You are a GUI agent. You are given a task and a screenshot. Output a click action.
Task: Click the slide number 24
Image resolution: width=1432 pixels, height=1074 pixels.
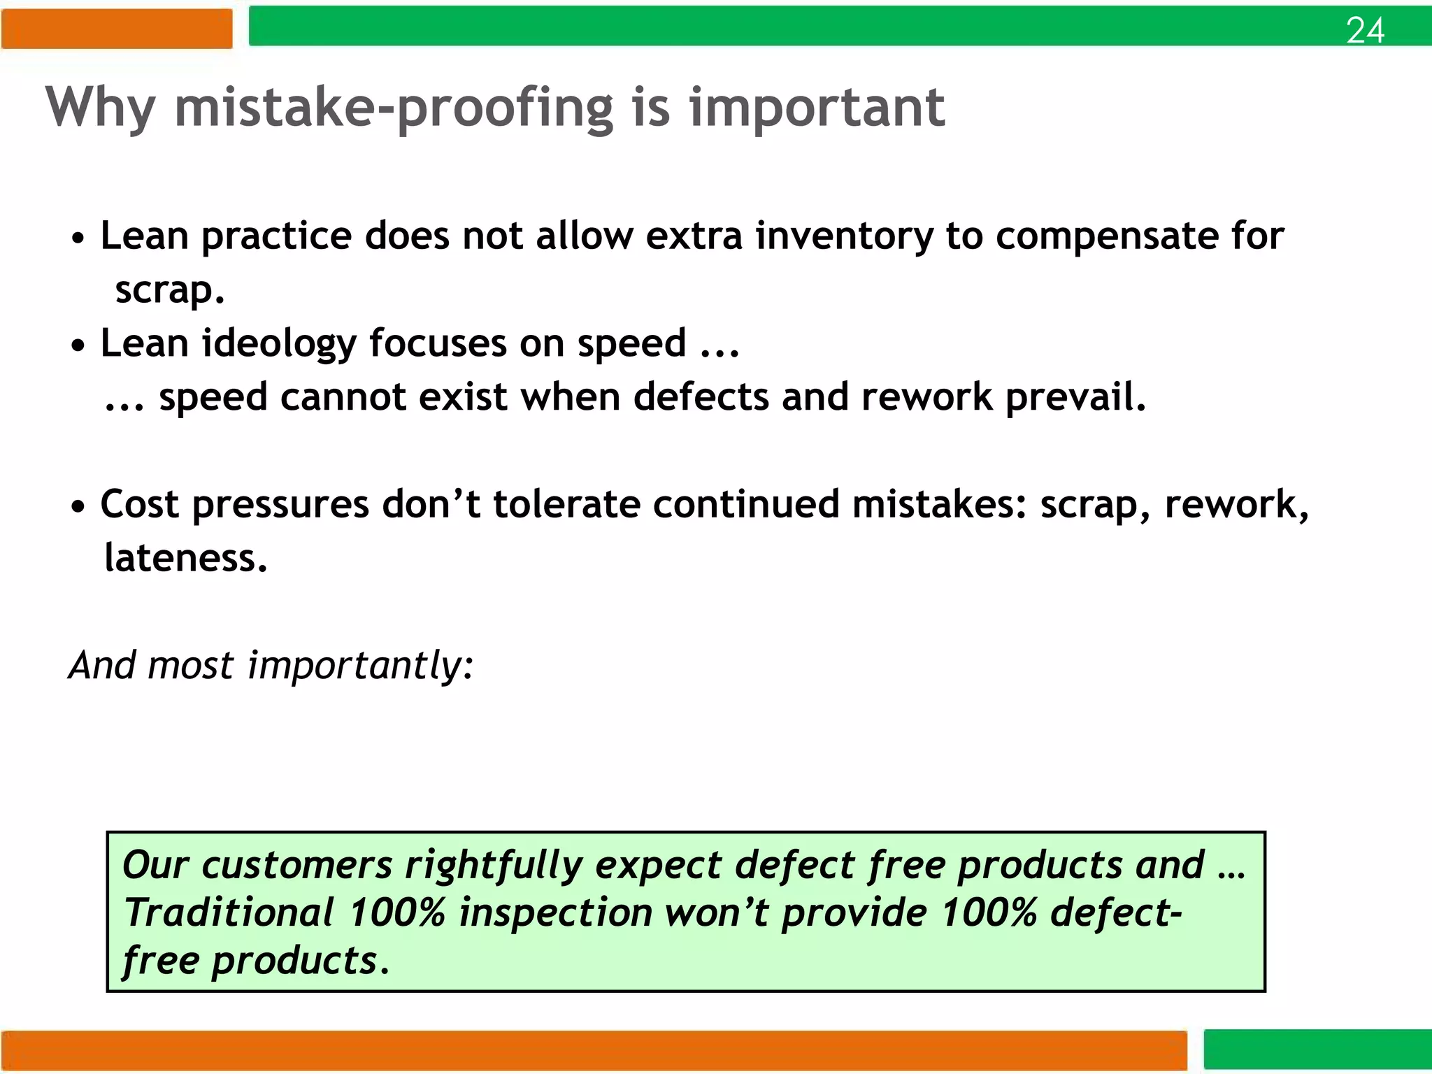pos(1364,31)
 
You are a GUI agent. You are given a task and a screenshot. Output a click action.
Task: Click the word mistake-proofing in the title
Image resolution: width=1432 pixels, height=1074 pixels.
pos(394,108)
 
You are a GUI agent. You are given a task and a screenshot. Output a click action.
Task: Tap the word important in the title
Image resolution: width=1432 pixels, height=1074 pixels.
pos(817,108)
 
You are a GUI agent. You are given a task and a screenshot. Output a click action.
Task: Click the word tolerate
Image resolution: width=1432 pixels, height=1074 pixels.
pos(566,504)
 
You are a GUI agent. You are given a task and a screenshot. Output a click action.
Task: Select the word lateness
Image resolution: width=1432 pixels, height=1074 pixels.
pos(185,559)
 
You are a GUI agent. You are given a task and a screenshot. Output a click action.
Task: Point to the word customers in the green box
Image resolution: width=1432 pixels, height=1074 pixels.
pos(297,866)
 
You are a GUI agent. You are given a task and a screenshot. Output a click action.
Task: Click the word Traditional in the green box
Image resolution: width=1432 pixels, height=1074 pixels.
pos(229,913)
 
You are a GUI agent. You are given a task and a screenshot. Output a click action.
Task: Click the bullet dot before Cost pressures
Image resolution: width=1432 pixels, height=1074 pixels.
pos(78,506)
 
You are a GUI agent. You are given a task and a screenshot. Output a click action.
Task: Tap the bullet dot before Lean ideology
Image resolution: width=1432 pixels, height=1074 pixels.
pos(78,345)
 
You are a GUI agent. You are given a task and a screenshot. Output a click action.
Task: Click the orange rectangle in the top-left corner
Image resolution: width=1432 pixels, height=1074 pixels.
pos(116,29)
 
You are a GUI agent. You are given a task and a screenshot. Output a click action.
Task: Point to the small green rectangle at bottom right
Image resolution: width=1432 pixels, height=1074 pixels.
pos(1317,1050)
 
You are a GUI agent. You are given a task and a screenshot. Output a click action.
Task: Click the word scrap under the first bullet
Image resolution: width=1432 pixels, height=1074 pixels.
pos(169,291)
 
